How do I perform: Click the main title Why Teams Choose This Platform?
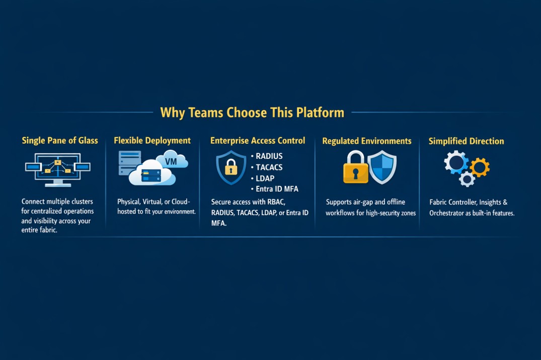[252, 113]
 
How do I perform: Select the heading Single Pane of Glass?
[60, 141]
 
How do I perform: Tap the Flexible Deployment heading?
[152, 141]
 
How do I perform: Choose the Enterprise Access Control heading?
[258, 141]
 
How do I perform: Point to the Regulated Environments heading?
[367, 141]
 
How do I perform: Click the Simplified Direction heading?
[466, 141]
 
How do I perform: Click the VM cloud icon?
[172, 160]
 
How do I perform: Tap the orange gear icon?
[480, 167]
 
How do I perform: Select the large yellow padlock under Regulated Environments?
[355, 167]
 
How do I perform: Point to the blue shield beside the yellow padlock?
[382, 167]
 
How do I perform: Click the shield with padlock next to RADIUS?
[231, 167]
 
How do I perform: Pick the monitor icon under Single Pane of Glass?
[58, 170]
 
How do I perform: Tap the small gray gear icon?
[467, 179]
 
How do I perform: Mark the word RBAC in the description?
[276, 202]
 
